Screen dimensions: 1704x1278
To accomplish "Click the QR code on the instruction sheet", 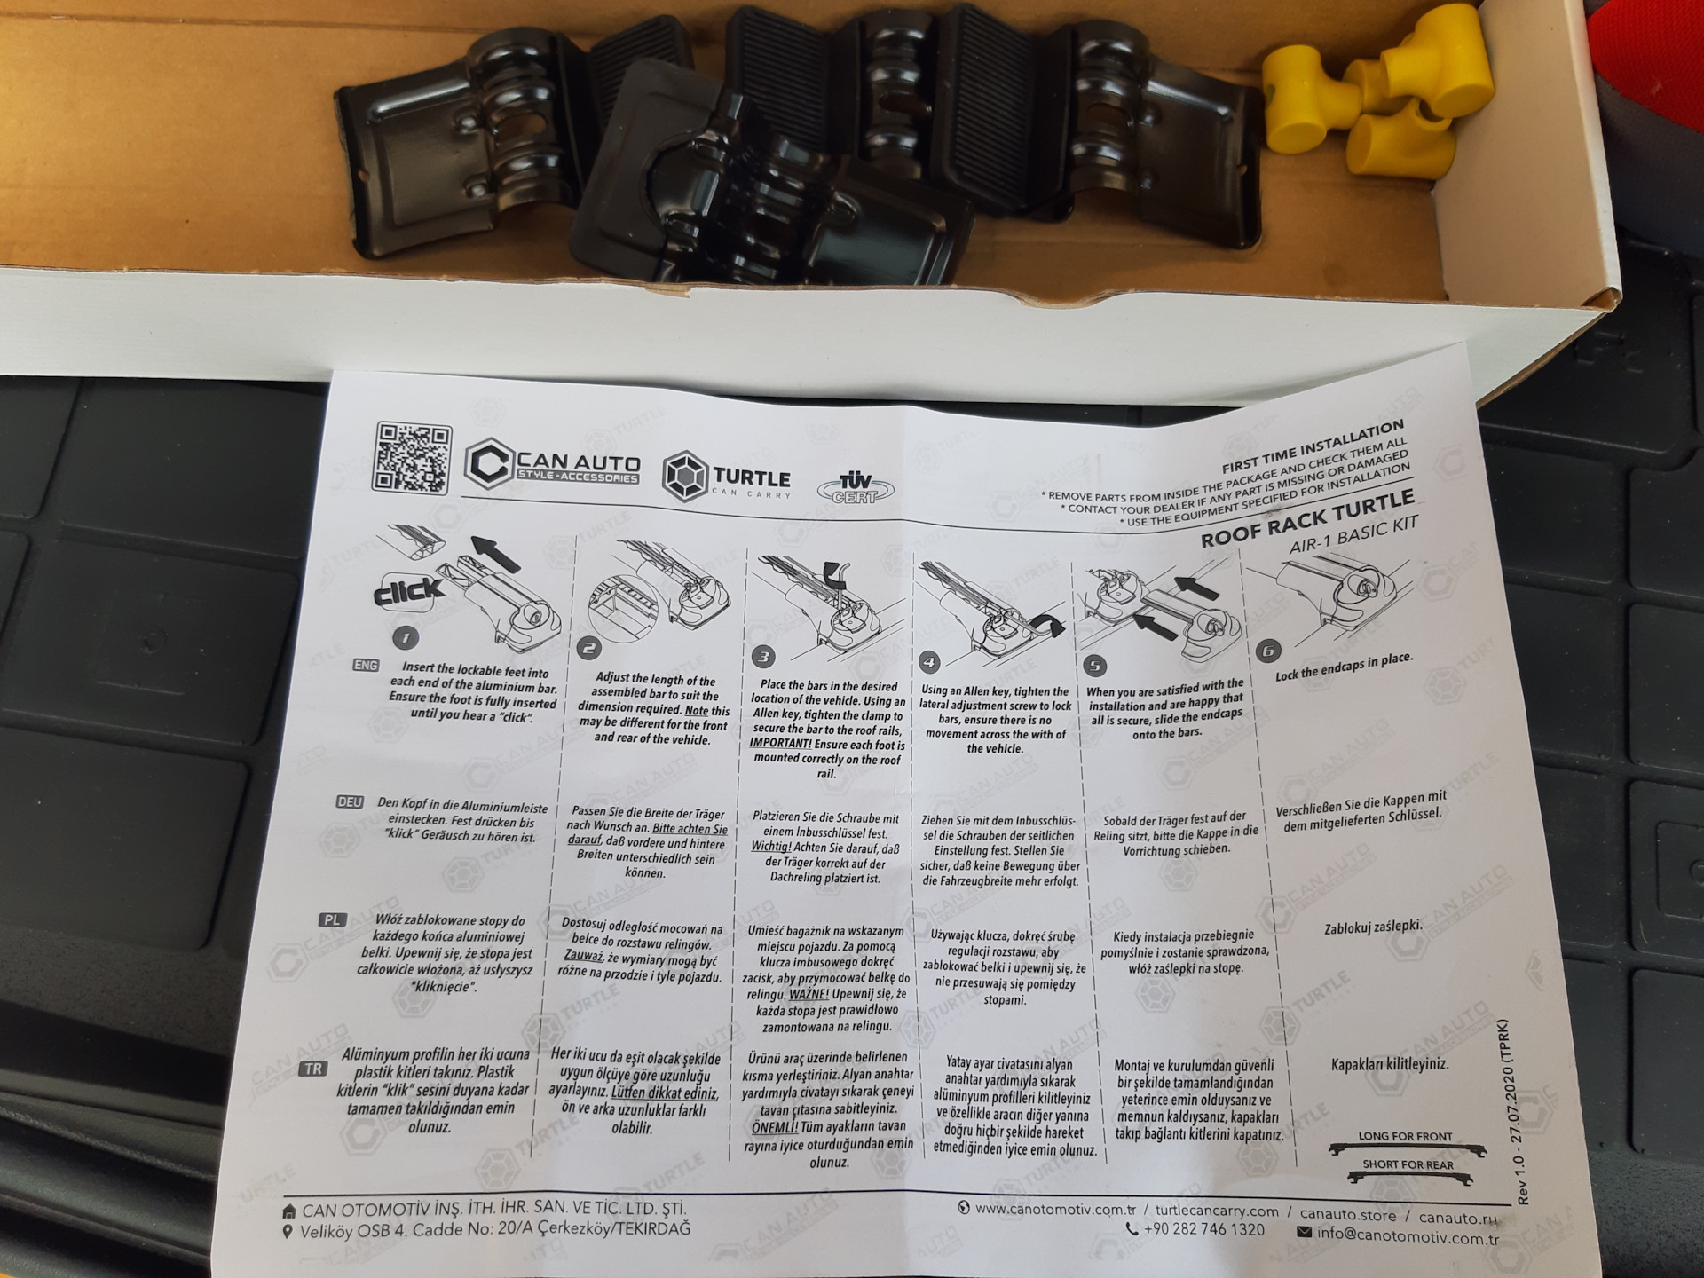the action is click(412, 457).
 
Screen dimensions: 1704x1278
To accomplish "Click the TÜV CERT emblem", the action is click(854, 487).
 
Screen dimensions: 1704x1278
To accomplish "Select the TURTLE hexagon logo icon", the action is click(685, 476).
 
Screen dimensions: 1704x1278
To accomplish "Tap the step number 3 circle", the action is click(763, 656).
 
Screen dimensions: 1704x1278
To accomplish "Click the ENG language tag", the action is click(366, 665).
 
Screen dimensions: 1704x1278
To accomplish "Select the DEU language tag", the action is click(350, 801).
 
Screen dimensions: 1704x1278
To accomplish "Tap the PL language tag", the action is click(332, 919).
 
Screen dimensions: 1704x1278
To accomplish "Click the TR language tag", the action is click(313, 1069).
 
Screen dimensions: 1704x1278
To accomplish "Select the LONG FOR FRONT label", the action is click(1405, 1136).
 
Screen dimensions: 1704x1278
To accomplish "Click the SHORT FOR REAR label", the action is click(1408, 1164).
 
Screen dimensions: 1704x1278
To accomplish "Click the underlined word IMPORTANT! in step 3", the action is click(780, 744).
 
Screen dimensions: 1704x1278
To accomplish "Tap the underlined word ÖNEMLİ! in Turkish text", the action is click(774, 1128).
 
